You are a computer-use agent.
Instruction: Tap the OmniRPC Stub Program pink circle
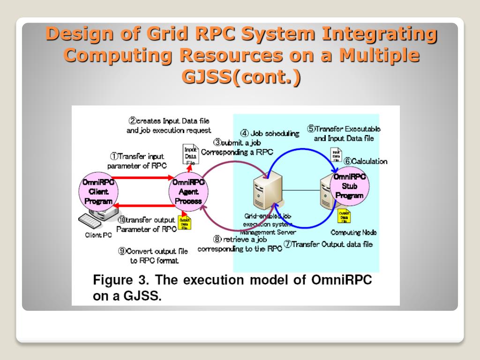pyautogui.click(x=350, y=187)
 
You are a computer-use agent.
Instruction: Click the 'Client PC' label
pyautogui.click(x=98, y=235)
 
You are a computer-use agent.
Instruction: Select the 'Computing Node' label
pyautogui.click(x=353, y=232)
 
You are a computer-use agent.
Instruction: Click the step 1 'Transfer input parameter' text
pyautogui.click(x=137, y=161)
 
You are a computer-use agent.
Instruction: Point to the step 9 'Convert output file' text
pyautogui.click(x=153, y=255)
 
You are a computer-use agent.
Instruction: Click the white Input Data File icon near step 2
pyautogui.click(x=190, y=155)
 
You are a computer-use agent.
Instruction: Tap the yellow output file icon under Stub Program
pyautogui.click(x=344, y=217)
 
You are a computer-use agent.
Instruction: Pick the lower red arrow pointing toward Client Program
pyautogui.click(x=142, y=205)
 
